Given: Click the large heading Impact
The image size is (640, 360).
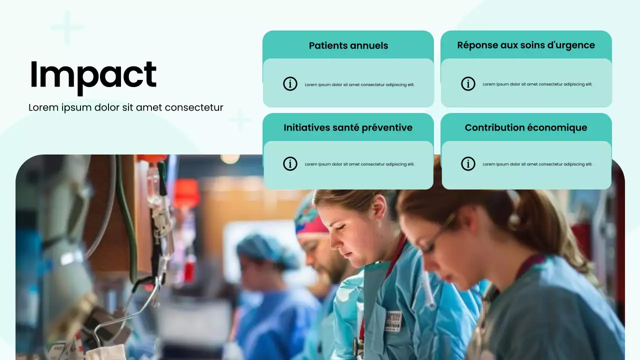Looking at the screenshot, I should pyautogui.click(x=93, y=75).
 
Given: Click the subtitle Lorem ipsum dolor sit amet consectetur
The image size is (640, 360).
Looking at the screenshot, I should pyautogui.click(x=125, y=107).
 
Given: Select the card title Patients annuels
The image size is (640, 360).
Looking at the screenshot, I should pyautogui.click(x=348, y=45).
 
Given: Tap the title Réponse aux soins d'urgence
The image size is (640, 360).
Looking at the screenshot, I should pyautogui.click(x=526, y=45).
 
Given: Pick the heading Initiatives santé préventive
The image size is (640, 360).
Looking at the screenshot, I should pyautogui.click(x=348, y=127).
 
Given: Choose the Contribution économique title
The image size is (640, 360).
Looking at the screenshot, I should pyautogui.click(x=526, y=127).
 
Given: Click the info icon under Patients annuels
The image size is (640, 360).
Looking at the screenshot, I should pyautogui.click(x=290, y=84).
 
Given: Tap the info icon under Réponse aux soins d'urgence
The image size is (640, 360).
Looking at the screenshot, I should pyautogui.click(x=468, y=84).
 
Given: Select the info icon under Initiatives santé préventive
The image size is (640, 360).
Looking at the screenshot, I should pyautogui.click(x=290, y=163).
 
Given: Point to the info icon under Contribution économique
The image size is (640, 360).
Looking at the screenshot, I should pyautogui.click(x=468, y=163).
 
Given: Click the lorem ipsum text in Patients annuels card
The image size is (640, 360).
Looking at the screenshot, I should pyautogui.click(x=359, y=84).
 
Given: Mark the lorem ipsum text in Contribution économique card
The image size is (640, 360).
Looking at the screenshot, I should pyautogui.click(x=537, y=164).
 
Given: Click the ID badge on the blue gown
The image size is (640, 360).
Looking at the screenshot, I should pyautogui.click(x=393, y=320).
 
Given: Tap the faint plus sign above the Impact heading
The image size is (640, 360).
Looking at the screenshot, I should pyautogui.click(x=67, y=27).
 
